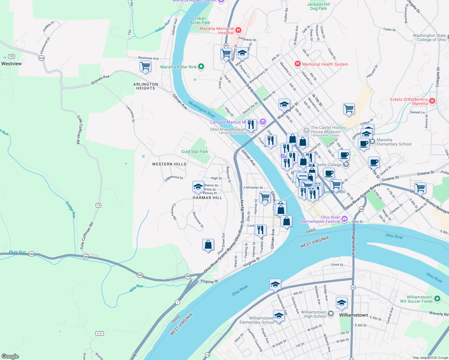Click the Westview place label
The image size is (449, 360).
[x=11, y=64]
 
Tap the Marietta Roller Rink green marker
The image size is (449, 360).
[x=201, y=67]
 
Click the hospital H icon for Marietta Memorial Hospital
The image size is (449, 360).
[x=238, y=30]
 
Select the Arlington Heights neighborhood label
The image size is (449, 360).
[x=146, y=86]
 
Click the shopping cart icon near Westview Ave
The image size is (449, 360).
[x=145, y=66]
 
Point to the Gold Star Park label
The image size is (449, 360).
[x=194, y=151]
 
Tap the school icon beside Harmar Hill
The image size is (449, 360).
[x=198, y=187]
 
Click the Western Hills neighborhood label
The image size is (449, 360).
[x=169, y=164]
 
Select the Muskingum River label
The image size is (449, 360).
[x=202, y=109]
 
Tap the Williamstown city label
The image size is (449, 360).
[x=353, y=315]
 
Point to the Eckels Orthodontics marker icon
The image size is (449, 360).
[x=432, y=101]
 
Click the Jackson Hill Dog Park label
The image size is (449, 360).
[x=318, y=6]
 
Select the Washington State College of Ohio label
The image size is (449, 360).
[x=429, y=37]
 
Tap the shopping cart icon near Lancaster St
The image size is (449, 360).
[x=265, y=197]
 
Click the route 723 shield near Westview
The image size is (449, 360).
[x=11, y=56]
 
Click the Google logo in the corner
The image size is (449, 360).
[x=10, y=356]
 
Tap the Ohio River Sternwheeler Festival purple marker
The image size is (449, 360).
[x=345, y=219]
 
